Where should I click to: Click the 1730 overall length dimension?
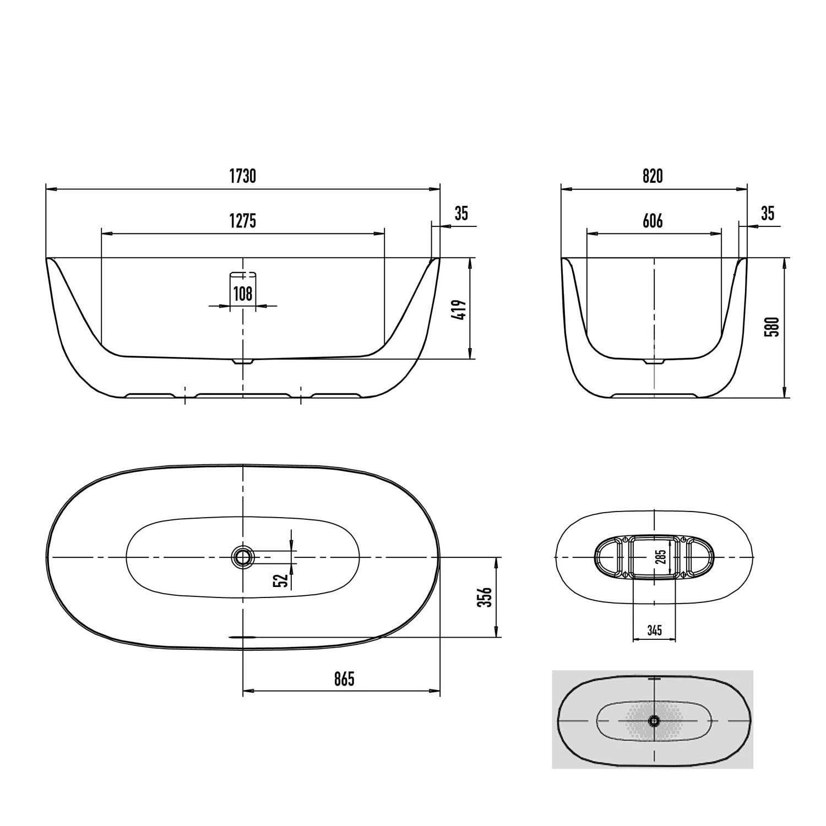[243, 176]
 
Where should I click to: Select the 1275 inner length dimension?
[243, 221]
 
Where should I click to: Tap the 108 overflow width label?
[243, 294]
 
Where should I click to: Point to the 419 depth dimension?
[461, 311]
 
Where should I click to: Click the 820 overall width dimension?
[653, 176]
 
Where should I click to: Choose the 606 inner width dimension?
[653, 221]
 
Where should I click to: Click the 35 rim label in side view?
[461, 213]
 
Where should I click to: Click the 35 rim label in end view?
[767, 213]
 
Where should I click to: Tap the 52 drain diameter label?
[281, 580]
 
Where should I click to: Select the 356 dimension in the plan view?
[485, 597]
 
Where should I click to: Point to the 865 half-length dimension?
[344, 679]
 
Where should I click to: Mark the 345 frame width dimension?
[654, 630]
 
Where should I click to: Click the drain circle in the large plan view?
[242, 557]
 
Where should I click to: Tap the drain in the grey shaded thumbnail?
[654, 720]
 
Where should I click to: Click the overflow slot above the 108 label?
[243, 275]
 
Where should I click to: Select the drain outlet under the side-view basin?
[243, 362]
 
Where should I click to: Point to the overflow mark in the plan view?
[243, 637]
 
